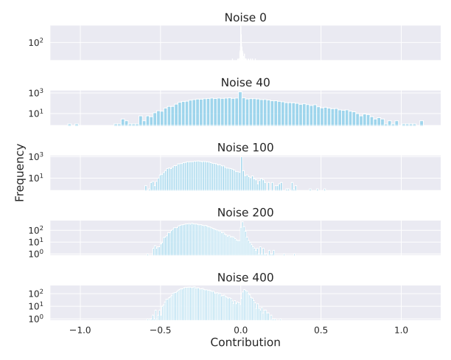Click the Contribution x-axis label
tap(245, 342)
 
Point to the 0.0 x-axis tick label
tap(240, 329)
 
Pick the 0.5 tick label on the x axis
tap(321, 329)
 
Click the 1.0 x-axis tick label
tap(401, 329)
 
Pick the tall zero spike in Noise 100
tap(241, 174)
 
